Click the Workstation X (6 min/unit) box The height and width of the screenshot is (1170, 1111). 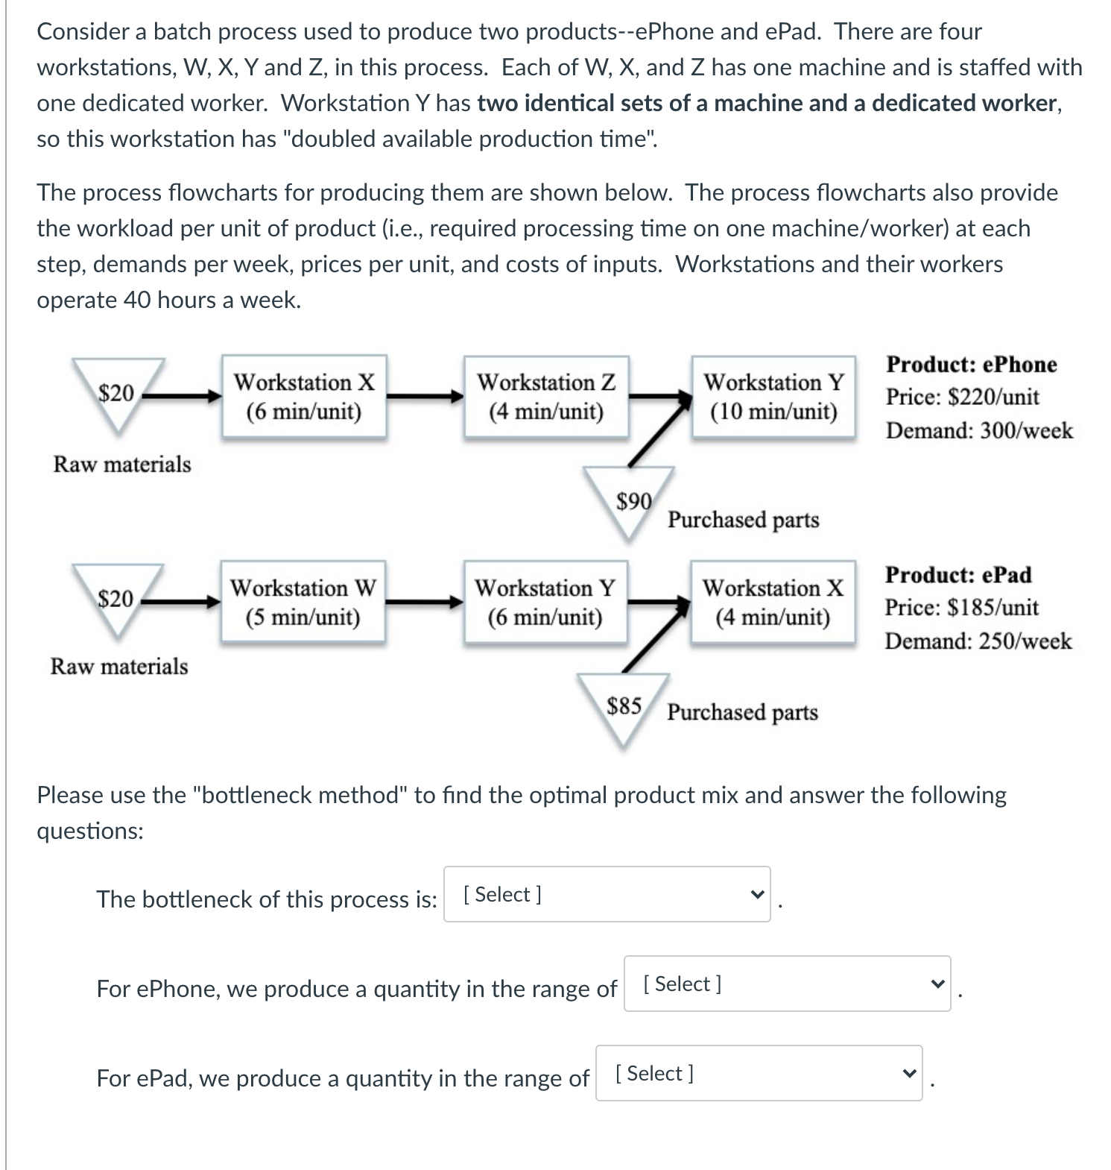[x=304, y=396]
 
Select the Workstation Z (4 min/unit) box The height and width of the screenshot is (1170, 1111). [x=546, y=396]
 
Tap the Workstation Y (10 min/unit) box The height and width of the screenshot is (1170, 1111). [x=773, y=396]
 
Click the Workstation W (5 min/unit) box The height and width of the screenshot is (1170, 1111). [x=303, y=602]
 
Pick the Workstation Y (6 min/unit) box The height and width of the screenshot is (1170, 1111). [x=545, y=602]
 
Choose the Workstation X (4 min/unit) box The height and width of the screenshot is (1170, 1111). [x=773, y=602]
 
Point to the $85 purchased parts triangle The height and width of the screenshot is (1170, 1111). [x=623, y=705]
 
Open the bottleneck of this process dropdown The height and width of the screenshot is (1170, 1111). [x=607, y=894]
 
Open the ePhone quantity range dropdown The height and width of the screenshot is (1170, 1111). [x=787, y=984]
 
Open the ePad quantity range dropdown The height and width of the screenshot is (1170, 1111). [x=759, y=1073]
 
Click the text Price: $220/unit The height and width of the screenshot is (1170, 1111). [x=962, y=397]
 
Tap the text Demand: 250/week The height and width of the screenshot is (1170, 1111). [x=978, y=641]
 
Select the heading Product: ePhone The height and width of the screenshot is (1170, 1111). [x=971, y=365]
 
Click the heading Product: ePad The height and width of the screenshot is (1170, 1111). [x=958, y=575]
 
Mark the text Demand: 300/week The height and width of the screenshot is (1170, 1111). [x=979, y=431]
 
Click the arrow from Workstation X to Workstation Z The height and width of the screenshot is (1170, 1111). [x=425, y=397]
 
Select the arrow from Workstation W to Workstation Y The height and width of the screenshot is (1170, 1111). [x=424, y=603]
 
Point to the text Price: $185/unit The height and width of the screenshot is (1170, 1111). [x=961, y=608]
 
